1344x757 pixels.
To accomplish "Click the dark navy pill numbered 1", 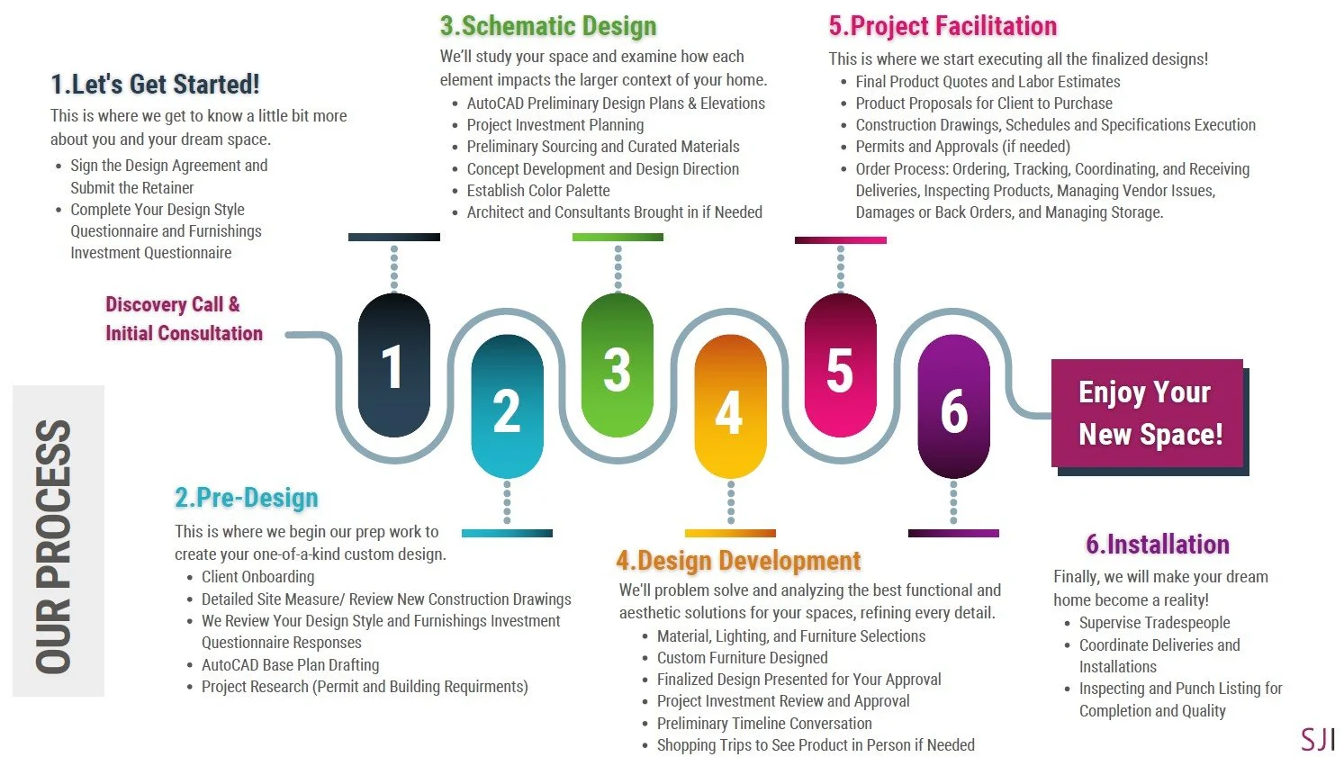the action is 393,365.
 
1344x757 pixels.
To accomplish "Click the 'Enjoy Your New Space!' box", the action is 1147,413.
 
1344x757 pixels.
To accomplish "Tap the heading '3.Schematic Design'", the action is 548,26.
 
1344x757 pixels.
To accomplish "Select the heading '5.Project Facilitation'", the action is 943,26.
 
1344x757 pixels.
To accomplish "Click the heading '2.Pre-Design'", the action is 247,498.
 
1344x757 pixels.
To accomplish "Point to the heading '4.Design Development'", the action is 738,561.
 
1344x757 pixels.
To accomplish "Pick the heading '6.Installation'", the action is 1158,545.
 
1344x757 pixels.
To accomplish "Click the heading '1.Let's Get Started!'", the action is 155,85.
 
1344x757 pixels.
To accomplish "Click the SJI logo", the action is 1317,739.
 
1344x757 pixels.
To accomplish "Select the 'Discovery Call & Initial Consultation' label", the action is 184,319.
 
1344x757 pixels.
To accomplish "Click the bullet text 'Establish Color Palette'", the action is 538,191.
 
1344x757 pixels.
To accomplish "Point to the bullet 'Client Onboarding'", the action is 258,577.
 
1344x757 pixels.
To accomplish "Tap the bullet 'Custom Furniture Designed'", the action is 742,658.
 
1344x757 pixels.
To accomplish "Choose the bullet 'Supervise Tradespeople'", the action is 1154,623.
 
